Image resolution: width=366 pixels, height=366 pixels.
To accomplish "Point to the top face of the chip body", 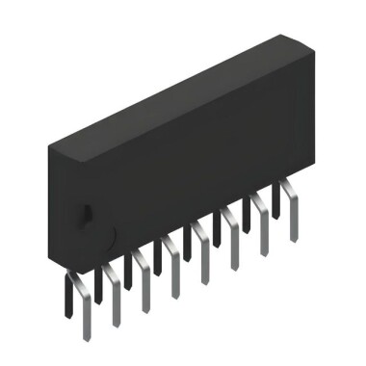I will [173, 96].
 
